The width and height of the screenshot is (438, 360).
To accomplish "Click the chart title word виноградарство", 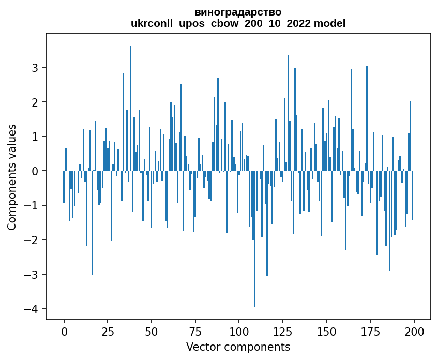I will click(x=238, y=12).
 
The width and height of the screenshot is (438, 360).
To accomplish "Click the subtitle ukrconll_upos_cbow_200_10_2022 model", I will click(x=238, y=23).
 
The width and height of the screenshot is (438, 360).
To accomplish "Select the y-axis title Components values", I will click(x=12, y=177).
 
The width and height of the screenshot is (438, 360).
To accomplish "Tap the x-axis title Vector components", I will click(x=238, y=347).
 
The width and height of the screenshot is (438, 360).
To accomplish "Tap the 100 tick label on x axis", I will click(x=239, y=332).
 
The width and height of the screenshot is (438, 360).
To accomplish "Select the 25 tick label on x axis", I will click(x=108, y=332).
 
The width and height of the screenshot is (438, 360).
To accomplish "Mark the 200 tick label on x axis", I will click(x=414, y=332).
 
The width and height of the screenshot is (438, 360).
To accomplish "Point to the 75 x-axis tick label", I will click(x=195, y=332).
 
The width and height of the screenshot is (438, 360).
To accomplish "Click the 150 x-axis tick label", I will click(x=326, y=332).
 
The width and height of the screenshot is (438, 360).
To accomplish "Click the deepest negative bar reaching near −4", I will click(x=254, y=238).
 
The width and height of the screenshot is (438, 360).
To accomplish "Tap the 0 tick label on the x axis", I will click(x=64, y=332).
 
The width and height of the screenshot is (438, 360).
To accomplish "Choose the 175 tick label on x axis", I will click(x=370, y=332).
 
